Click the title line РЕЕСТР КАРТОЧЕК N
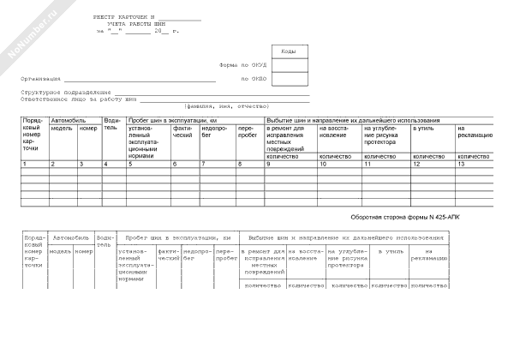click(x=127, y=18)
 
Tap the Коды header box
click(x=289, y=51)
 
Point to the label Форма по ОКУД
click(x=242, y=65)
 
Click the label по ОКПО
click(x=254, y=79)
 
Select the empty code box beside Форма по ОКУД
click(x=289, y=65)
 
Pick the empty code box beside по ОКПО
click(x=289, y=80)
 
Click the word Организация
click(x=41, y=79)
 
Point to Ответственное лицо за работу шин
click(x=78, y=99)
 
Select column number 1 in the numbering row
click(x=25, y=164)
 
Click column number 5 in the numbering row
click(x=130, y=164)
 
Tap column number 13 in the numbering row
click(x=462, y=164)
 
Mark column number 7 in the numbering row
click(x=203, y=164)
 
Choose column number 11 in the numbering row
click(x=368, y=164)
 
